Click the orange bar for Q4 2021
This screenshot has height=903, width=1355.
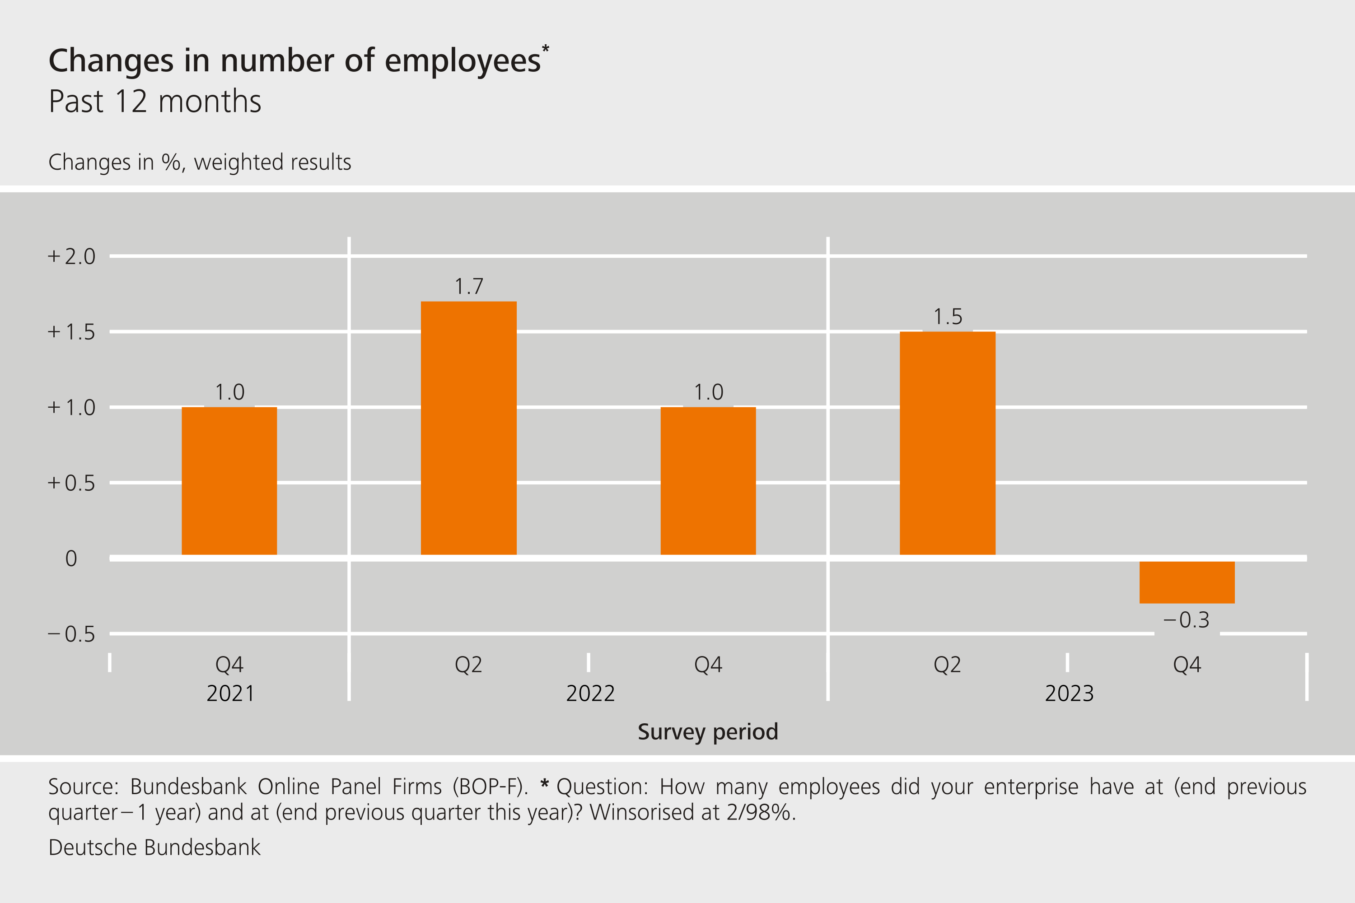(229, 481)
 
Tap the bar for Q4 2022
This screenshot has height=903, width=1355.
(708, 481)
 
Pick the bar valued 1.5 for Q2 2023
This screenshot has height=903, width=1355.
(947, 443)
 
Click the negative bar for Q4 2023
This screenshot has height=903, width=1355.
(1187, 582)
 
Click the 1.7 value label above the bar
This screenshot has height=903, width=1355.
(468, 286)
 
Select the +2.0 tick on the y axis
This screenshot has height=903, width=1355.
(71, 256)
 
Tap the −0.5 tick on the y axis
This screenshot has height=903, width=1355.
(71, 634)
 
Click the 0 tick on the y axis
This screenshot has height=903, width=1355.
(71, 559)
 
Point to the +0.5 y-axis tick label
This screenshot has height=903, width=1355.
(71, 483)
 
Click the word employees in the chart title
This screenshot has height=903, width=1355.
(462, 61)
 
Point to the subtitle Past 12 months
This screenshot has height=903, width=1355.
(155, 102)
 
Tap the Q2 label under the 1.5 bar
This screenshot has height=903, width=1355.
(947, 665)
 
